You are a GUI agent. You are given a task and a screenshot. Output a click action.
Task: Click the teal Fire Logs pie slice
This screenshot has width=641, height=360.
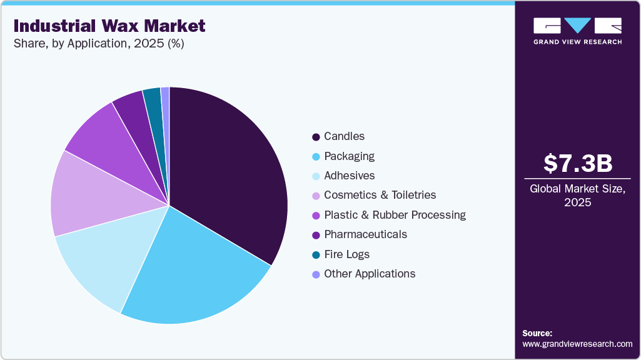[x=153, y=100]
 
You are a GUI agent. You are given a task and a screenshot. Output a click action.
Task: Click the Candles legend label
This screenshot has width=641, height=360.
[x=344, y=136]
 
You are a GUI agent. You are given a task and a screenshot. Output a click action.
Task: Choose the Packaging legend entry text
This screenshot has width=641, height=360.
[x=349, y=156]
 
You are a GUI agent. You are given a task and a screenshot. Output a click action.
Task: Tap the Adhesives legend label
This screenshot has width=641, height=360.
[x=349, y=176]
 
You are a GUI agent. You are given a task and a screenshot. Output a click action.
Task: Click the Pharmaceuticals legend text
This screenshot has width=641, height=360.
[x=365, y=234]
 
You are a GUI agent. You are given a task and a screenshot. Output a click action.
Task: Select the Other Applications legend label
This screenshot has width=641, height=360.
[x=369, y=274]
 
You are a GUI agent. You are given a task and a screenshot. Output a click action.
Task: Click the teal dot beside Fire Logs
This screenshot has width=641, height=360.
[x=316, y=255]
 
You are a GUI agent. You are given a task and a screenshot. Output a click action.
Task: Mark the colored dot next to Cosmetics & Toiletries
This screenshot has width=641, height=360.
[x=316, y=196]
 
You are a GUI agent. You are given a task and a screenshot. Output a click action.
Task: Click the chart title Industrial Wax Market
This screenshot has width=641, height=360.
[x=109, y=26]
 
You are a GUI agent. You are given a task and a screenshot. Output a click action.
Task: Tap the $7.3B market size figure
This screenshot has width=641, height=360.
[x=577, y=164]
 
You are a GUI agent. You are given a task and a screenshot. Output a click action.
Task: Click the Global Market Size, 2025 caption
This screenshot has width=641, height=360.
[x=577, y=196]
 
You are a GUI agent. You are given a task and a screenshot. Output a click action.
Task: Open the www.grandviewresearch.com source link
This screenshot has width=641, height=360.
[x=577, y=344]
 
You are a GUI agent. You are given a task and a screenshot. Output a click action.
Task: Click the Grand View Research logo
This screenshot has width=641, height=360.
[x=577, y=30]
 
